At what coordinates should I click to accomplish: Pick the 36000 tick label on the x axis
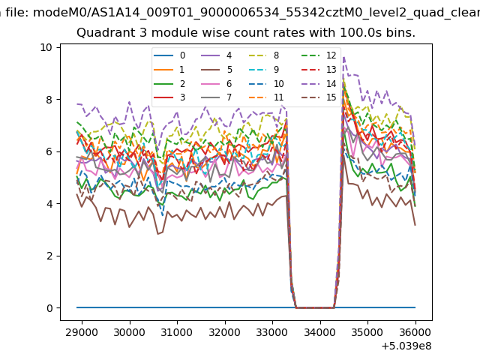pos(415,328)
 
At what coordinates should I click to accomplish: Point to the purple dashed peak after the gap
pos(344,58)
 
